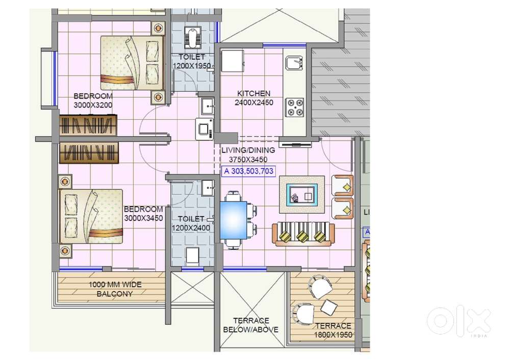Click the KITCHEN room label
(x=253, y=94)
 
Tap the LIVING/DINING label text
(x=248, y=150)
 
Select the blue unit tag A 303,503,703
(x=248, y=172)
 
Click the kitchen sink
(x=295, y=63)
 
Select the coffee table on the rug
(x=301, y=194)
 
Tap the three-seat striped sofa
(x=303, y=235)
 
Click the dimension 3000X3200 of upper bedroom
(x=93, y=105)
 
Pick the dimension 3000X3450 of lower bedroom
(x=143, y=218)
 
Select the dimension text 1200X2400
(x=191, y=228)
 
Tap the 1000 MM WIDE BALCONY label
(x=115, y=289)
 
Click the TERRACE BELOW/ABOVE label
(x=250, y=325)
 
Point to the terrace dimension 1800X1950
(x=333, y=335)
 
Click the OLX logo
(x=458, y=321)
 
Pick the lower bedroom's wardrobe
(x=88, y=152)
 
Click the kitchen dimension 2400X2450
(x=253, y=102)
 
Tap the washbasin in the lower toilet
(x=209, y=187)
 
